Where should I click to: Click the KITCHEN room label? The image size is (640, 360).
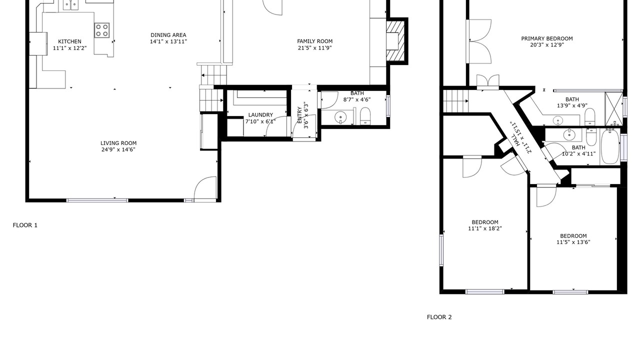point(69,41)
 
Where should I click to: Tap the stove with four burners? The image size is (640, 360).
point(102,30)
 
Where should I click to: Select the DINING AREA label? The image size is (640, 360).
point(168,35)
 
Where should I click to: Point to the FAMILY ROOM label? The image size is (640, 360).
point(314,41)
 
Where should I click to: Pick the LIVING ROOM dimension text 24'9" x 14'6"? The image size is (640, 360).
point(118,149)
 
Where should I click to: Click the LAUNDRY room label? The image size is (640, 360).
point(260,115)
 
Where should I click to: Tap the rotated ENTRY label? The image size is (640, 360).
point(299,115)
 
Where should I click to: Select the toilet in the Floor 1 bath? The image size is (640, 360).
point(365,116)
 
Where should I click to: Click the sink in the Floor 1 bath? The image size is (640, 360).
point(340,117)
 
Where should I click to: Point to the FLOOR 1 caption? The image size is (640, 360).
point(25,225)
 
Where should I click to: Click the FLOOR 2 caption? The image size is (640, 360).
point(439,317)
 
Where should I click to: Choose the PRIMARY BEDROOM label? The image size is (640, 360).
point(547,38)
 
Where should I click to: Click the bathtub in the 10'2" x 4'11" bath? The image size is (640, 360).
point(609,146)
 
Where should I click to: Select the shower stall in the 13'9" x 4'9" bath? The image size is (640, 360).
point(613,109)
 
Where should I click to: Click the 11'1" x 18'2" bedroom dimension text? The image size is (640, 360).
point(485,228)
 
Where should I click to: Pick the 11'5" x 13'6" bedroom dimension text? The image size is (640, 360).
point(573,242)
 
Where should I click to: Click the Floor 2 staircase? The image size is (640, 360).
point(455,101)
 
